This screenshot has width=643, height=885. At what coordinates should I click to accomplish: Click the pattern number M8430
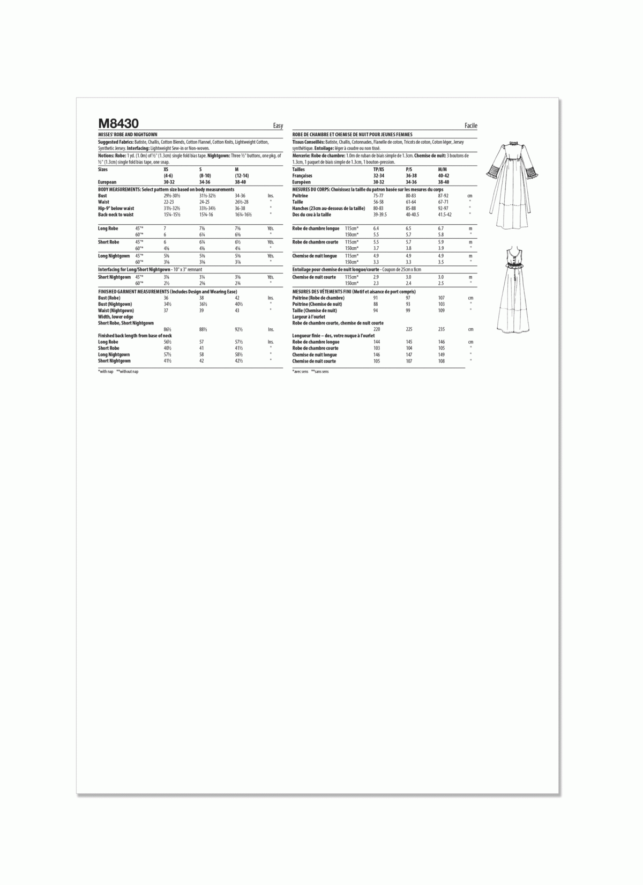click(x=118, y=124)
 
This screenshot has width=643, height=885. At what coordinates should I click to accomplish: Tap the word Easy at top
click(x=278, y=126)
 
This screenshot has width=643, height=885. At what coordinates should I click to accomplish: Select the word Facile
click(x=471, y=126)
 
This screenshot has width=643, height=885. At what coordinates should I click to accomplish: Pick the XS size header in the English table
click(x=166, y=169)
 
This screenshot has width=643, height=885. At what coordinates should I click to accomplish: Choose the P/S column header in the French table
click(x=409, y=169)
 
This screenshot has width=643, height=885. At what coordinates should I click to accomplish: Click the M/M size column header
click(x=442, y=169)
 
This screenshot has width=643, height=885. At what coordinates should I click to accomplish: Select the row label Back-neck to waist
click(x=116, y=215)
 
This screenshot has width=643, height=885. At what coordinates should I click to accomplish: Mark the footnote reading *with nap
click(x=106, y=372)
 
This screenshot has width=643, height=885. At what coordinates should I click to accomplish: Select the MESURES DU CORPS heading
click(x=311, y=189)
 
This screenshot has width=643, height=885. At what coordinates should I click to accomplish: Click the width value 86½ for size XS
click(x=168, y=329)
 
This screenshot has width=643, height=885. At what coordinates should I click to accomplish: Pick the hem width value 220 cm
click(x=377, y=329)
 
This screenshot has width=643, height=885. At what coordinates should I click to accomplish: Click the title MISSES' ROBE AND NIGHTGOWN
click(x=128, y=134)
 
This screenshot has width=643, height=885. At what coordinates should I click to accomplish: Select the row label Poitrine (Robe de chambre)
click(x=318, y=298)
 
